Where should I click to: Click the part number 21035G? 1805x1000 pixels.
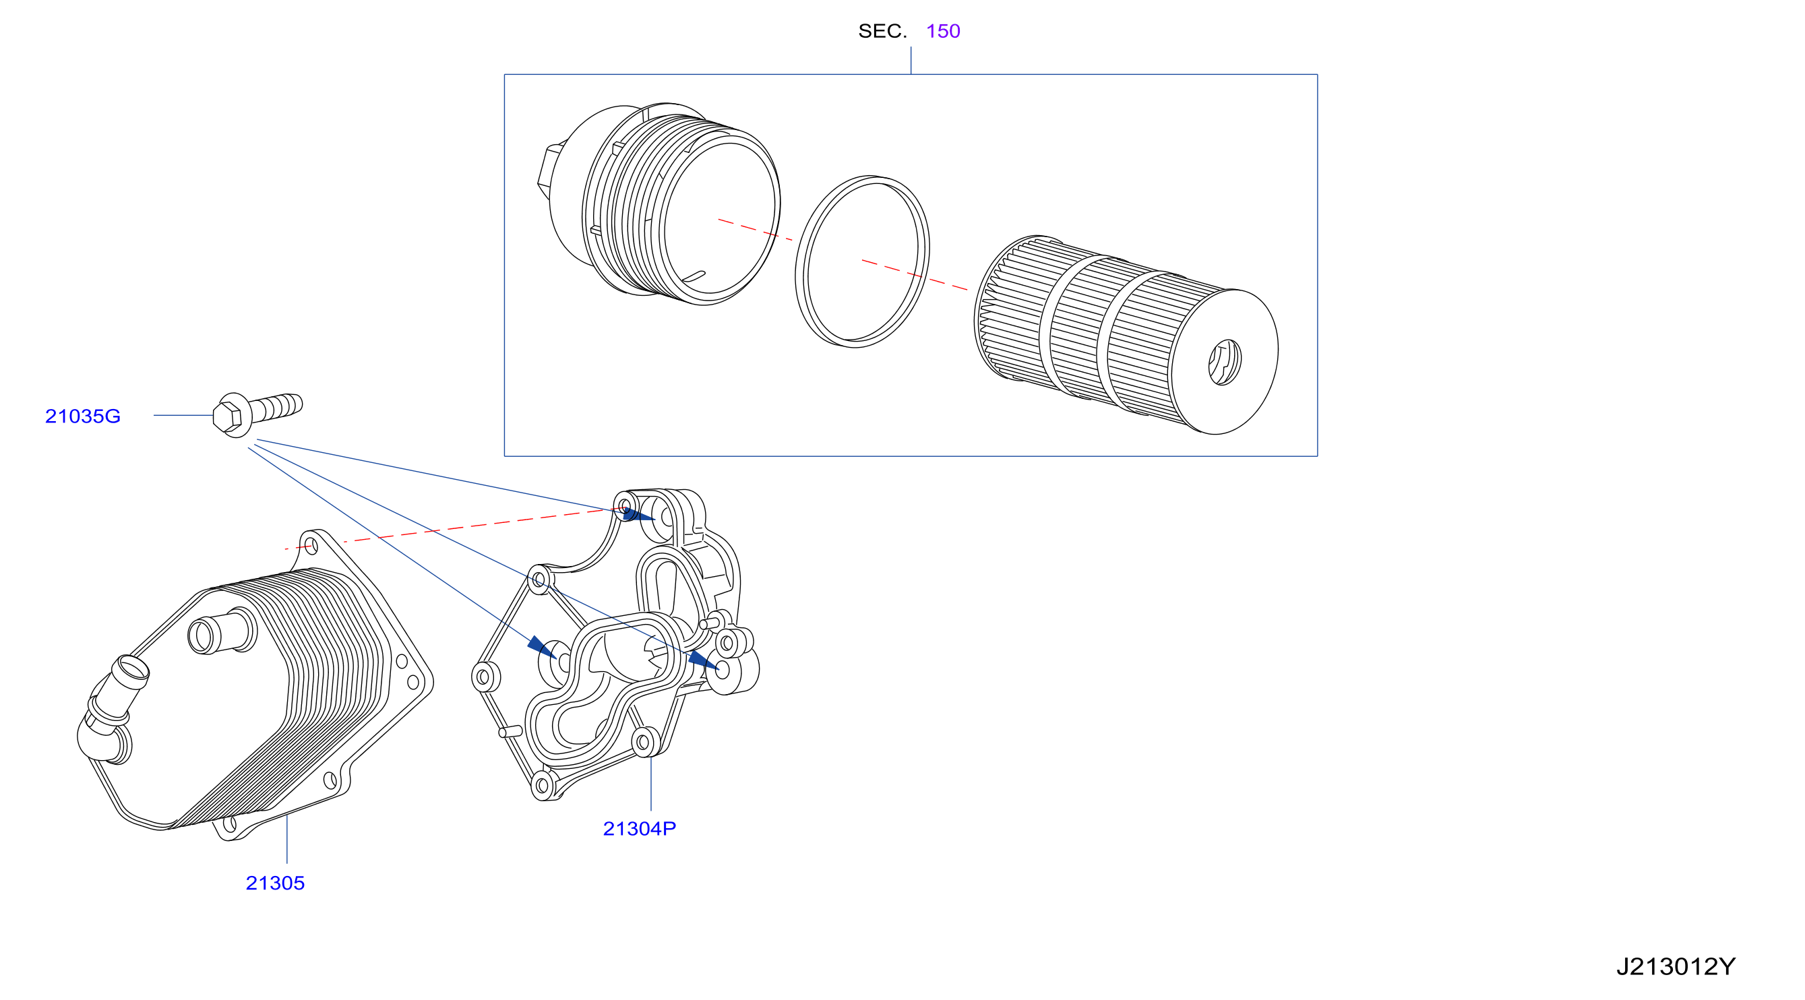pos(83,416)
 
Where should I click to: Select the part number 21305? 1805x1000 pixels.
pos(275,883)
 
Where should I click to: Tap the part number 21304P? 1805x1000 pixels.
pos(639,828)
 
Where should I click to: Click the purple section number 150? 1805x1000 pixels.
pos(942,31)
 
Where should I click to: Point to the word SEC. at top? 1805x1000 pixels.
pos(882,31)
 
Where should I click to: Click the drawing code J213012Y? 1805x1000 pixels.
pos(1676,967)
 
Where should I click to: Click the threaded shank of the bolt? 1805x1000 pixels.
pos(278,407)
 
